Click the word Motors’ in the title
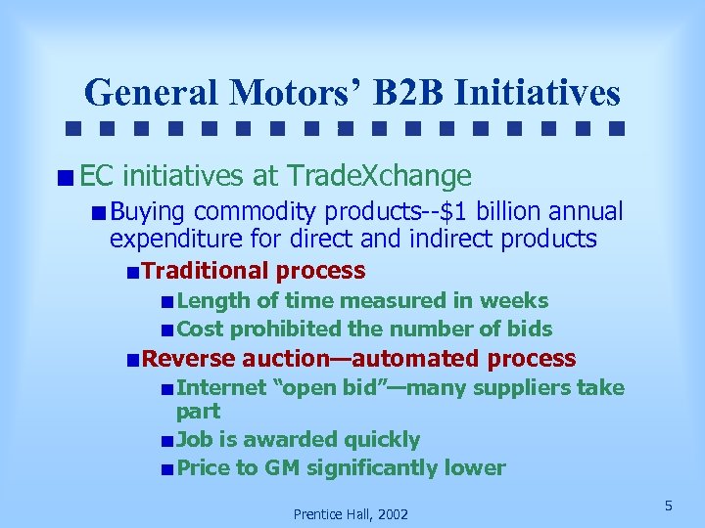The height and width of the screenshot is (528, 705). (296, 93)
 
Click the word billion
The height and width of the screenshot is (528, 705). (502, 212)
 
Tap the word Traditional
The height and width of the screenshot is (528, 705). (205, 271)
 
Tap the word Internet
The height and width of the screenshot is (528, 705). (221, 388)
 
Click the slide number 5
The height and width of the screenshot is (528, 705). (668, 506)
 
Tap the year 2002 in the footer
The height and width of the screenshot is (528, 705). (390, 514)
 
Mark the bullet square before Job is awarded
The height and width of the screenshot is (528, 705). (168, 441)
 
